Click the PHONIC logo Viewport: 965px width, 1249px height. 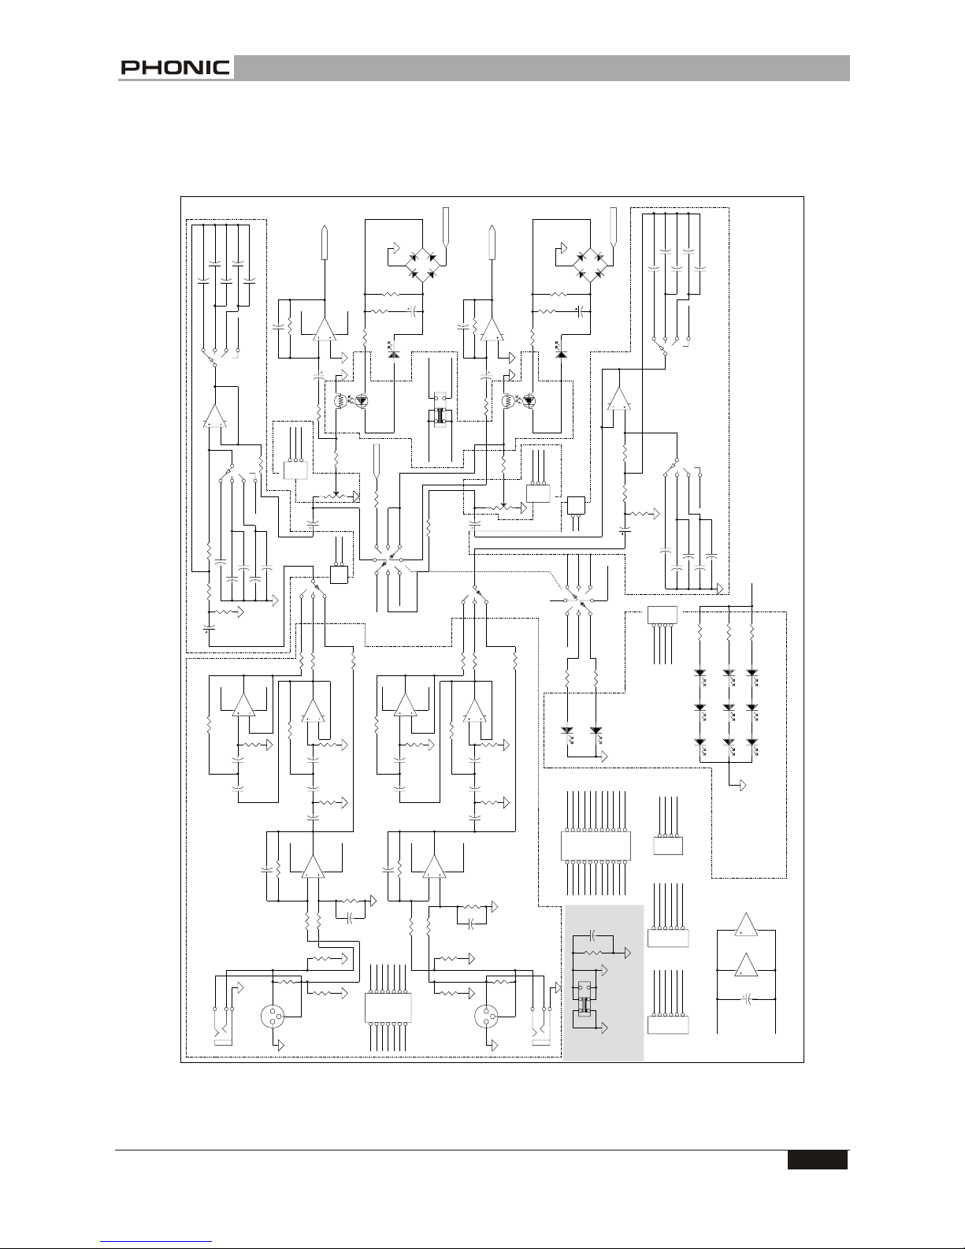click(175, 67)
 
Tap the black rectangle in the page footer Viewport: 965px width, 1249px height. click(818, 1158)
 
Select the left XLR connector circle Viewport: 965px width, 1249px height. click(273, 1017)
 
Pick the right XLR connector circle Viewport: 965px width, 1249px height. click(486, 1017)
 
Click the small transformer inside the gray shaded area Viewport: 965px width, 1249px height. click(585, 1005)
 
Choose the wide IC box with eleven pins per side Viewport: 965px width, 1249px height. click(596, 846)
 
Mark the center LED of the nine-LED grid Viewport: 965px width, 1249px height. click(729, 708)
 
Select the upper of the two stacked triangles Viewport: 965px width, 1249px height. click(746, 924)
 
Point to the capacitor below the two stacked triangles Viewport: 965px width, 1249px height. click(748, 999)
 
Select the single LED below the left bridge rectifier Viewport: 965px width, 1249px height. click(393, 354)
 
